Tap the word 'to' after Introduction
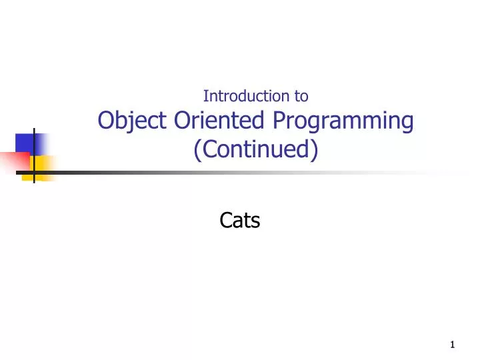[301, 96]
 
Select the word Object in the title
[133, 121]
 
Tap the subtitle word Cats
[239, 220]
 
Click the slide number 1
[453, 345]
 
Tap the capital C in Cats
[225, 220]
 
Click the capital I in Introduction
[205, 96]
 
